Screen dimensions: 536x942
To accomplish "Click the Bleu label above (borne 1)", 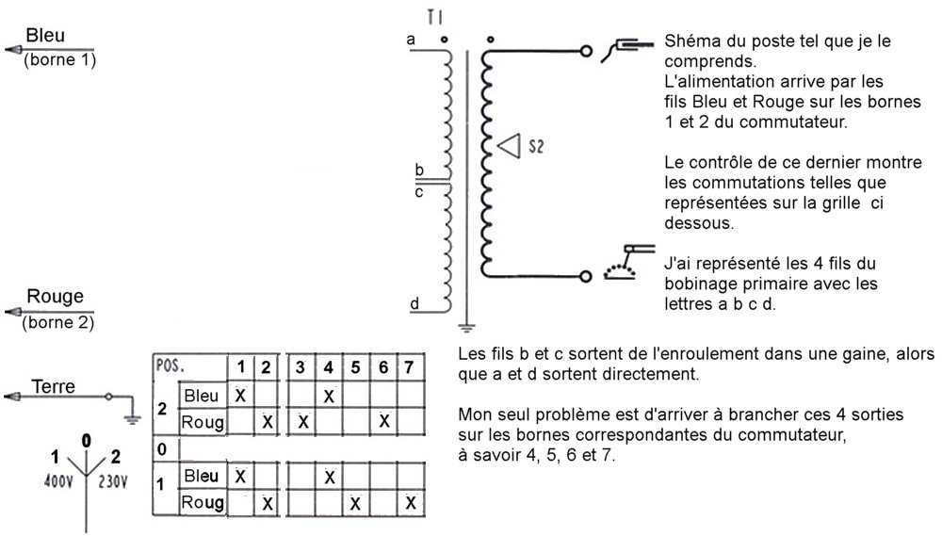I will [46, 36].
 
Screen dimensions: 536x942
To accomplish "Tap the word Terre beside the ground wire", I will [54, 385].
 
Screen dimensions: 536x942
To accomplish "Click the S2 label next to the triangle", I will [536, 147].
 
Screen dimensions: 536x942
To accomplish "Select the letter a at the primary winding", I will [411, 40].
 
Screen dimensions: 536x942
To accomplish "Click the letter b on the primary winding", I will [420, 171].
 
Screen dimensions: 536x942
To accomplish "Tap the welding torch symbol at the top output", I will [627, 44].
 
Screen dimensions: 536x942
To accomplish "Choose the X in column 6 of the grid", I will [383, 421].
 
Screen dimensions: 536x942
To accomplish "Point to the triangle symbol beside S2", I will [511, 146].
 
